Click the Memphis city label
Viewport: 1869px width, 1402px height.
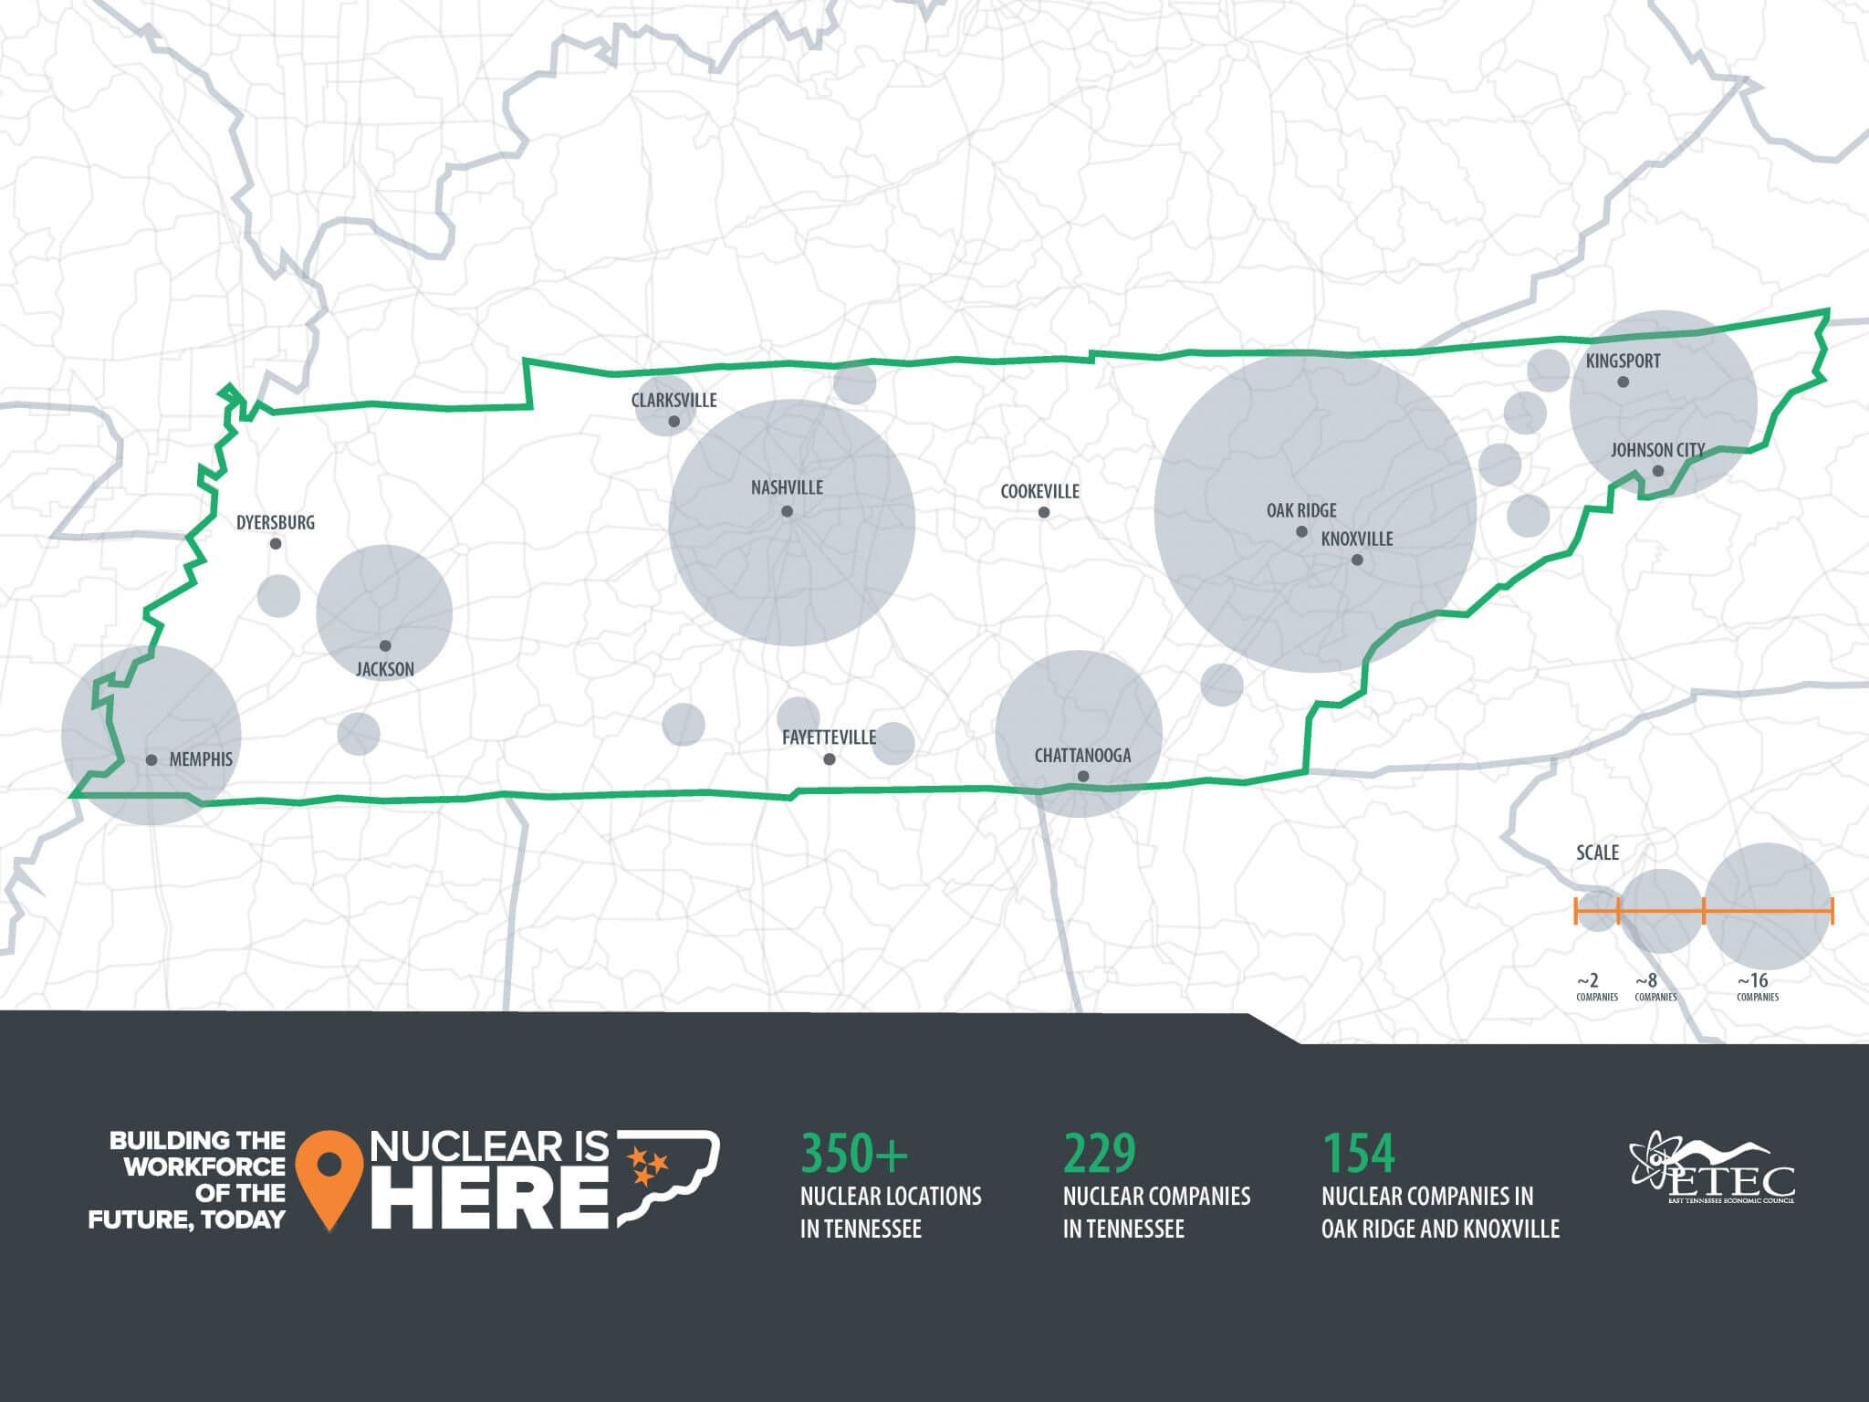[201, 759]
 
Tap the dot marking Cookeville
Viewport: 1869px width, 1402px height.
[1044, 512]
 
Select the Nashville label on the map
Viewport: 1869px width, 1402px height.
[787, 487]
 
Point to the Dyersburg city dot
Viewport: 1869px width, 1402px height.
[276, 544]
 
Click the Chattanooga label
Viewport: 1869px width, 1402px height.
[1082, 755]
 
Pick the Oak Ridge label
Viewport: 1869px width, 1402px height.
[1301, 510]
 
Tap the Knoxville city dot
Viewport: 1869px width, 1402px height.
[1357, 560]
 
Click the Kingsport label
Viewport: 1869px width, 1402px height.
[1623, 361]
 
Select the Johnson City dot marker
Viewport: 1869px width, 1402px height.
[1658, 471]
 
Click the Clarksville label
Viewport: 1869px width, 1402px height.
[673, 400]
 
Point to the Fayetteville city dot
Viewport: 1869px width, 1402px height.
[829, 759]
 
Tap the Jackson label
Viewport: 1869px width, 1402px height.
[385, 669]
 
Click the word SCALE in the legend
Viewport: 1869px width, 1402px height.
[1597, 853]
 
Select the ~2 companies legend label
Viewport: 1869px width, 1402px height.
[1596, 987]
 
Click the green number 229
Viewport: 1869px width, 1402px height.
[1100, 1153]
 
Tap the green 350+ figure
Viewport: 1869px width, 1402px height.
[854, 1153]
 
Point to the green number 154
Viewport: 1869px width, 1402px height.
[1359, 1153]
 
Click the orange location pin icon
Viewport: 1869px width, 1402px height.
[330, 1178]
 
